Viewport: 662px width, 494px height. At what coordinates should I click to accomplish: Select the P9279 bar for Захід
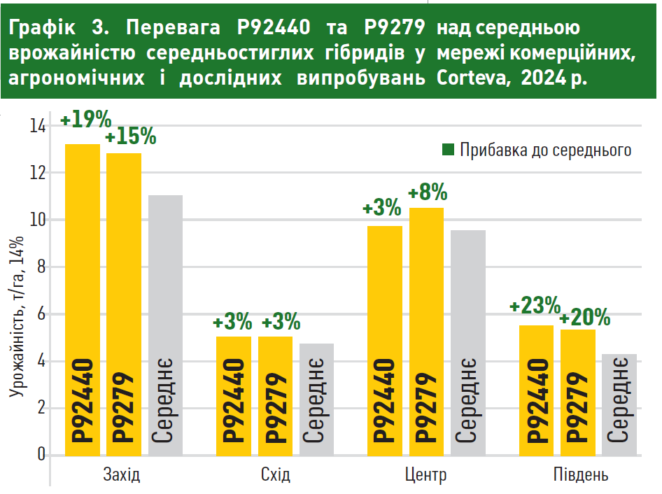(x=124, y=304)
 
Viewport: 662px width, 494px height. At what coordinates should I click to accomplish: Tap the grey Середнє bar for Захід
(x=166, y=325)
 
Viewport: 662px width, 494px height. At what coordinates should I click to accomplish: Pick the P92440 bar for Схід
(x=234, y=396)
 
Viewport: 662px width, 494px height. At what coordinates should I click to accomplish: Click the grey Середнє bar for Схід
(x=317, y=400)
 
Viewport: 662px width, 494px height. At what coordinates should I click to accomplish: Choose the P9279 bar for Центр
(x=426, y=332)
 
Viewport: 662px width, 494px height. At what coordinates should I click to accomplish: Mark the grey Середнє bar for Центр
(x=468, y=343)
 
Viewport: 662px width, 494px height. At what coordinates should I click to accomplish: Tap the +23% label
(x=535, y=306)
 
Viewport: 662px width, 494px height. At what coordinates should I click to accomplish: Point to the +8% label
(x=428, y=192)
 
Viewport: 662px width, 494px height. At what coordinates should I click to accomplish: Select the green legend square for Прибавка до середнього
(x=449, y=150)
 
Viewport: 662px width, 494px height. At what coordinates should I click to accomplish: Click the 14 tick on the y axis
(x=37, y=127)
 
